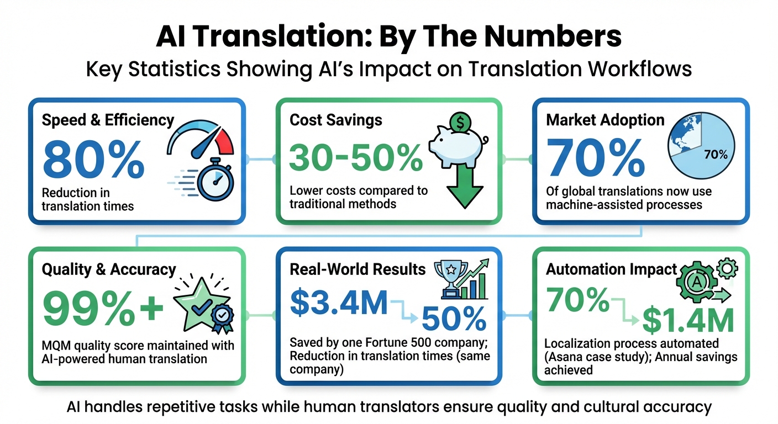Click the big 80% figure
tap(94, 160)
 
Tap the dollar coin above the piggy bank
tap(460, 122)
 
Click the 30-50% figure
tap(356, 158)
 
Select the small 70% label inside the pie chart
tap(716, 155)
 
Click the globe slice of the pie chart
tap(684, 135)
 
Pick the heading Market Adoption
tap(605, 120)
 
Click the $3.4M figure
tap(339, 303)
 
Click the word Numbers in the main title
tap(553, 36)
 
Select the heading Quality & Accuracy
tap(109, 269)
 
